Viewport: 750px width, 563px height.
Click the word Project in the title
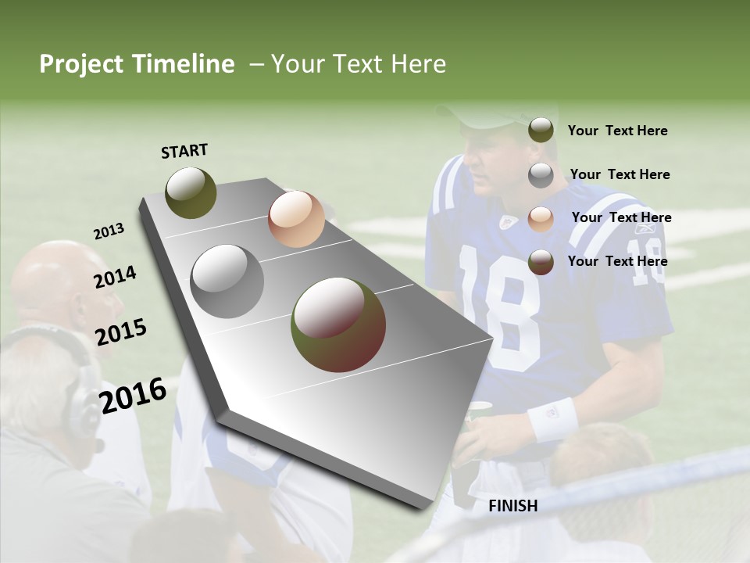pyautogui.click(x=82, y=64)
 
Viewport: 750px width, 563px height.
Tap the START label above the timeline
pyautogui.click(x=184, y=151)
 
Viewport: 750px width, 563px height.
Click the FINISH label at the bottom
pyautogui.click(x=512, y=506)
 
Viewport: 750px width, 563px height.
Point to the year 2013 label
pyautogui.click(x=109, y=231)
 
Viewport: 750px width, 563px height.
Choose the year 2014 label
pyautogui.click(x=115, y=278)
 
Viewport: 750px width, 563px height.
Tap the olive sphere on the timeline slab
pyautogui.click(x=191, y=192)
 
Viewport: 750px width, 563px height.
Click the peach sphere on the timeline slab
pyautogui.click(x=296, y=219)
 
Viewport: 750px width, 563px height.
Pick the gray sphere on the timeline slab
pyautogui.click(x=227, y=281)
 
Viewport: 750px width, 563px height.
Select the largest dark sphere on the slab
pyautogui.click(x=338, y=325)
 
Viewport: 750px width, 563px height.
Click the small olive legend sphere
pyautogui.click(x=541, y=130)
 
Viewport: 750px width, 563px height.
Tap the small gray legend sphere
pyautogui.click(x=541, y=175)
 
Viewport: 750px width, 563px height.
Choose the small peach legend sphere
pyautogui.click(x=541, y=219)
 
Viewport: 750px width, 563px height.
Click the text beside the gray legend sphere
pyautogui.click(x=620, y=174)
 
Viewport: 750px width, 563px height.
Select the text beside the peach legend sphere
pyautogui.click(x=621, y=217)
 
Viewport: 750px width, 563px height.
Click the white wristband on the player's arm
pyautogui.click(x=552, y=418)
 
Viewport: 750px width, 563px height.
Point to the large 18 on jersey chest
pyautogui.click(x=500, y=305)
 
